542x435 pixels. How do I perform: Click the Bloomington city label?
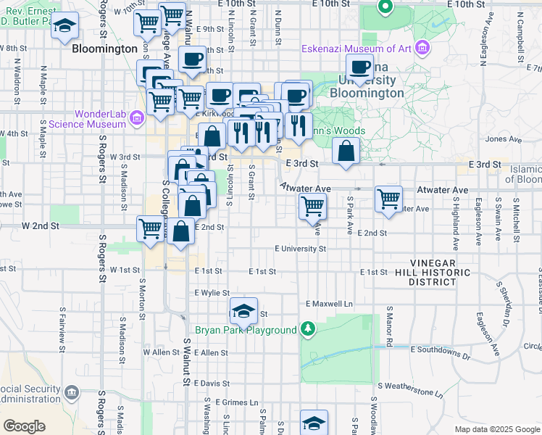104,49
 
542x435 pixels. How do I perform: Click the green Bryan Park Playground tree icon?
309,330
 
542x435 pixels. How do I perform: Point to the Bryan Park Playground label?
246,330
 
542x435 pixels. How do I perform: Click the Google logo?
25,426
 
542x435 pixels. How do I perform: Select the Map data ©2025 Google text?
496,429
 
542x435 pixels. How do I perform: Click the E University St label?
300,249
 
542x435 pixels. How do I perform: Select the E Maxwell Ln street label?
329,303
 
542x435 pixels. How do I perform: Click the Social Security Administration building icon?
71,393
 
